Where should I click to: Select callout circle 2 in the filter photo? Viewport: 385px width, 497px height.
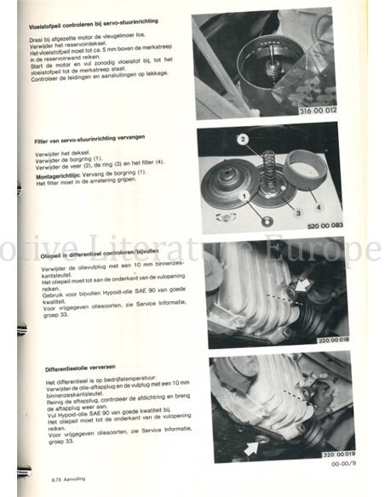click(x=243, y=138)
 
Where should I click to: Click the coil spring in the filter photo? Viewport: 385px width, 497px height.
click(x=266, y=170)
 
